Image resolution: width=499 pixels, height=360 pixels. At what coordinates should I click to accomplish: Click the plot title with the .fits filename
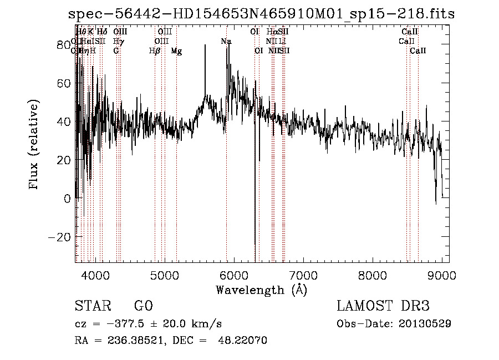[x=261, y=14]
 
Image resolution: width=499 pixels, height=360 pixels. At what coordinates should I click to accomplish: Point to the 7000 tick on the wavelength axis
[x=303, y=274]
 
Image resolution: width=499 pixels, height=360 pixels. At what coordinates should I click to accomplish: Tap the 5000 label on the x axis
[x=165, y=274]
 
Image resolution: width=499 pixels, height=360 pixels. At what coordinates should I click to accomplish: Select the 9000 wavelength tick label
[x=442, y=274]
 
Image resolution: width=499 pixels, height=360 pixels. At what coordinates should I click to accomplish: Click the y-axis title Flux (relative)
[x=34, y=145]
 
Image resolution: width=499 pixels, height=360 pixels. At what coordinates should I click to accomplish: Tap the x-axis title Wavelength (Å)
[x=261, y=290]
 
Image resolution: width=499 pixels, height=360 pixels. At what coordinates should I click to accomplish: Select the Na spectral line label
[x=226, y=42]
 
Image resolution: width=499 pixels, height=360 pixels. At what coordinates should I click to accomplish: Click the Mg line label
[x=176, y=51]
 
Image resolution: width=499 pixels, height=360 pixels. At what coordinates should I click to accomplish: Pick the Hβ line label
[x=155, y=51]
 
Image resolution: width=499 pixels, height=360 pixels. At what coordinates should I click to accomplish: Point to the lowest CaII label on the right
[x=418, y=51]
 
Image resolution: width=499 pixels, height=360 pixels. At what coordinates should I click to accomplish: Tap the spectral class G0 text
[x=144, y=306]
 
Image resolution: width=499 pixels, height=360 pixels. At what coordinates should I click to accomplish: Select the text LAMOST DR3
[x=383, y=306]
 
